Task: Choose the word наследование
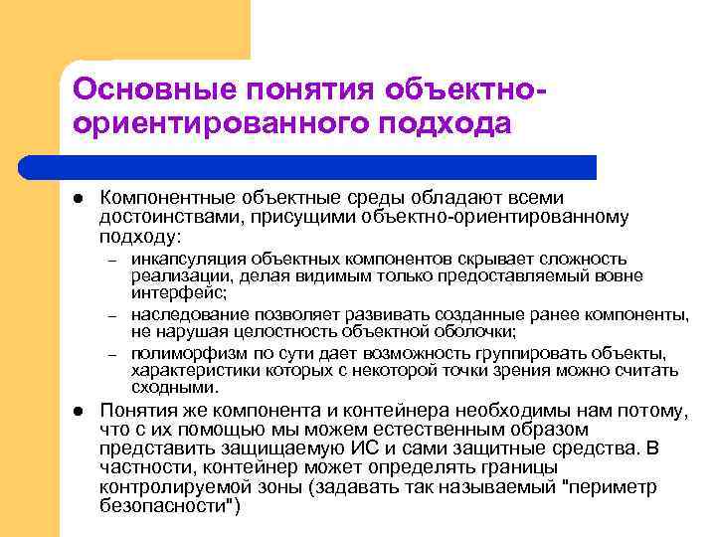[x=188, y=315]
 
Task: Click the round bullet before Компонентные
[x=78, y=198]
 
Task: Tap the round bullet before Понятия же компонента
[x=78, y=411]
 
